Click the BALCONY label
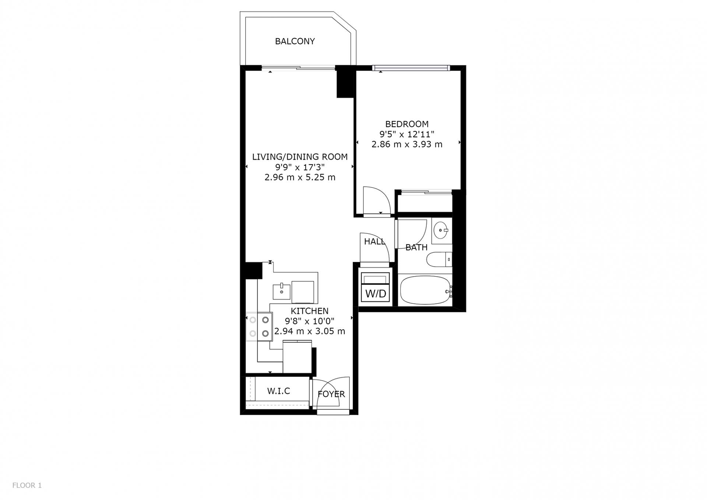pyautogui.click(x=295, y=41)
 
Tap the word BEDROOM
pyautogui.click(x=407, y=124)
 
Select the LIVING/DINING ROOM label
pyautogui.click(x=300, y=157)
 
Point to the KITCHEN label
pyautogui.click(x=310, y=311)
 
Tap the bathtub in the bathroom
pyautogui.click(x=426, y=291)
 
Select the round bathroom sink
pyautogui.click(x=441, y=231)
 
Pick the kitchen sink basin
pyautogui.click(x=282, y=292)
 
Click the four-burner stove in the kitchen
pyautogui.click(x=259, y=327)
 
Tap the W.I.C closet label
pyautogui.click(x=279, y=391)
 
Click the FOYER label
pyautogui.click(x=331, y=394)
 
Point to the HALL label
pyautogui.click(x=374, y=242)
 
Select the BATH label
pyautogui.click(x=416, y=247)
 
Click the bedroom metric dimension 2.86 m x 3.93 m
pyautogui.click(x=407, y=144)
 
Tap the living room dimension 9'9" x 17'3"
pyautogui.click(x=300, y=167)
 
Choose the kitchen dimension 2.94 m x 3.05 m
pyautogui.click(x=310, y=331)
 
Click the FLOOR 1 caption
pyautogui.click(x=27, y=485)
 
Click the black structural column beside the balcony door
pyautogui.click(x=345, y=81)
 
